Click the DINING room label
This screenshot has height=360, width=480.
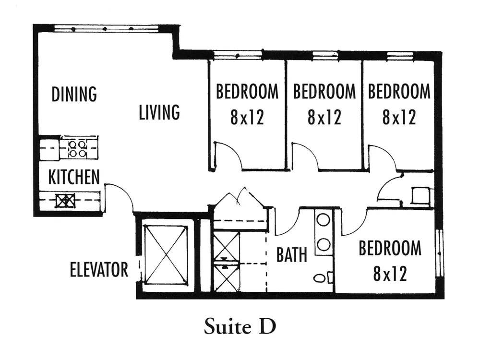[74, 94]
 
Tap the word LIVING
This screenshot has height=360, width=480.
[159, 112]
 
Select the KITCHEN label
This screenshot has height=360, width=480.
[74, 177]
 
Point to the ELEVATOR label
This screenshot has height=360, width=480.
[99, 269]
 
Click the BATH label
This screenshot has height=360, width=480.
[291, 254]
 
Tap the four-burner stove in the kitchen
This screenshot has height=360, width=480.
[78, 148]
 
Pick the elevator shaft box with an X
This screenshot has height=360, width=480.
[166, 255]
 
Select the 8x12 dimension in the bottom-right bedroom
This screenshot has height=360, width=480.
[390, 274]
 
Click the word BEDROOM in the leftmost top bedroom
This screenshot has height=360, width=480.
[247, 91]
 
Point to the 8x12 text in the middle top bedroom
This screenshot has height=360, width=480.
[324, 117]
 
